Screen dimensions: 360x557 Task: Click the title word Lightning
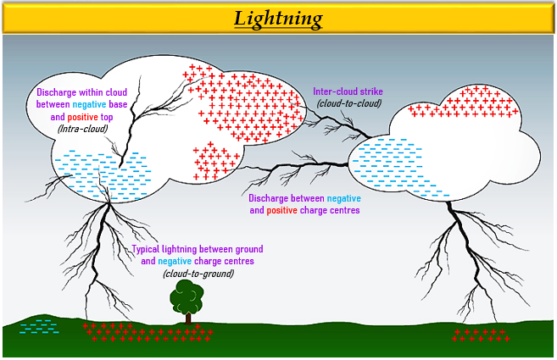coord(279,18)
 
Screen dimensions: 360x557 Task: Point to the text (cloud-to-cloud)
coord(349,103)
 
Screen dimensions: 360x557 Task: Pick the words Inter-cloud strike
coord(349,91)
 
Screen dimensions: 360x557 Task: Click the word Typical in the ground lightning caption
coord(149,249)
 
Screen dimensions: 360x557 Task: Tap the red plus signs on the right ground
coord(480,334)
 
